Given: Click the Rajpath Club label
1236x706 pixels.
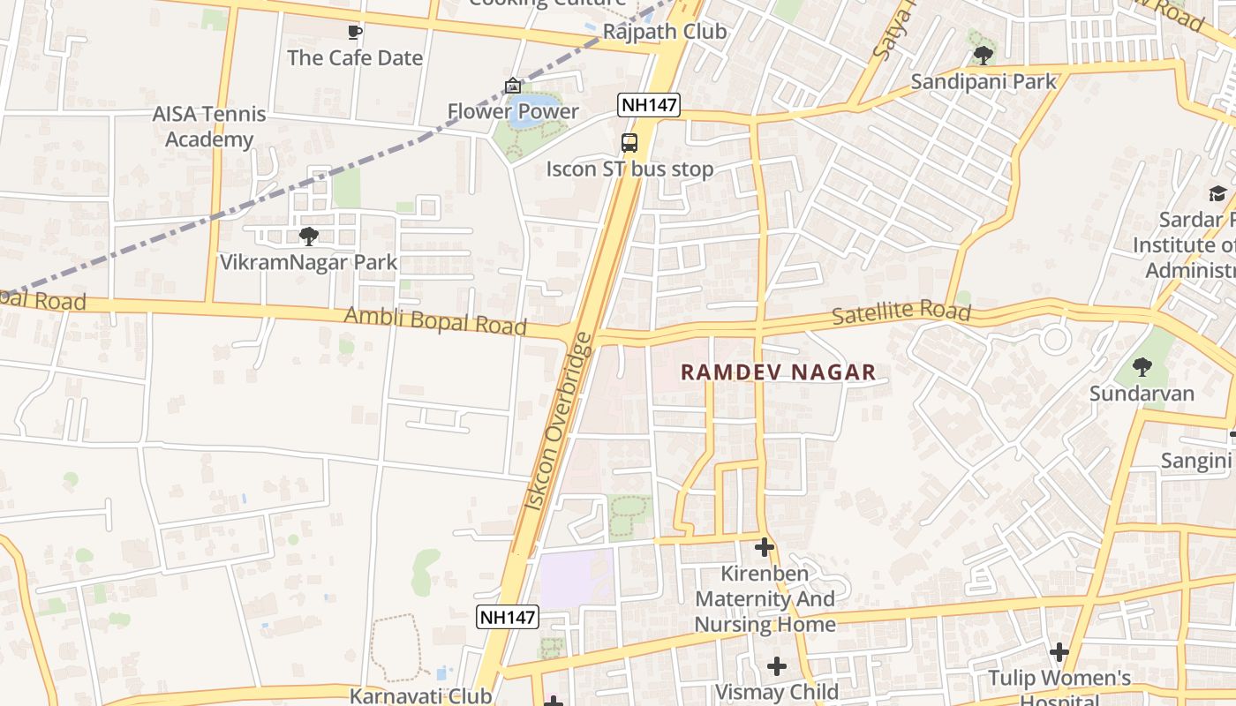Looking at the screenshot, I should pyautogui.click(x=664, y=32).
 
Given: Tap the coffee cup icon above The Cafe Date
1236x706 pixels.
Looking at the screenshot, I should pyautogui.click(x=355, y=33).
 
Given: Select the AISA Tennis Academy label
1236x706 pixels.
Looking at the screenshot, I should pyautogui.click(x=208, y=126).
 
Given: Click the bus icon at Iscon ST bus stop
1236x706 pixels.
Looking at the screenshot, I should pyautogui.click(x=629, y=142).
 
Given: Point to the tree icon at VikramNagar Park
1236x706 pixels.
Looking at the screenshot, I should pyautogui.click(x=308, y=236).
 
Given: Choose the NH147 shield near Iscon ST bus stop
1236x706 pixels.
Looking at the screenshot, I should pyautogui.click(x=649, y=106).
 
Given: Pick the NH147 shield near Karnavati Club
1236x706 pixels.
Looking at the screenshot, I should pyautogui.click(x=508, y=617).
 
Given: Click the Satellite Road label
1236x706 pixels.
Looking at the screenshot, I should pyautogui.click(x=901, y=312).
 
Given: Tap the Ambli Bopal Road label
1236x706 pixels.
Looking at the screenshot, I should pyautogui.click(x=435, y=320).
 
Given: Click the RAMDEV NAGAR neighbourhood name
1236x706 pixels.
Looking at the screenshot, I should pyautogui.click(x=778, y=372).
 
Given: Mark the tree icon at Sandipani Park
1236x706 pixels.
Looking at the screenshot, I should pyautogui.click(x=983, y=56).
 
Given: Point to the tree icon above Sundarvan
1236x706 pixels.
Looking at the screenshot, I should pyautogui.click(x=1142, y=366).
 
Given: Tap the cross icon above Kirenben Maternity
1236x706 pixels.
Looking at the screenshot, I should pyautogui.click(x=765, y=547).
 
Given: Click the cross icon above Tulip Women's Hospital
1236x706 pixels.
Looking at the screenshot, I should pyautogui.click(x=1059, y=652).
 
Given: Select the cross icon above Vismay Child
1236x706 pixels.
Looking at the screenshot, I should pyautogui.click(x=777, y=665).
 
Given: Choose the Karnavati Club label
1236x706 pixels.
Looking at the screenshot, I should pyautogui.click(x=420, y=695).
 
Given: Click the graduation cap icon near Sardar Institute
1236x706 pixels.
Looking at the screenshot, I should pyautogui.click(x=1217, y=193).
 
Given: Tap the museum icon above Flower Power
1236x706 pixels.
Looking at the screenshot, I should pyautogui.click(x=513, y=86).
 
